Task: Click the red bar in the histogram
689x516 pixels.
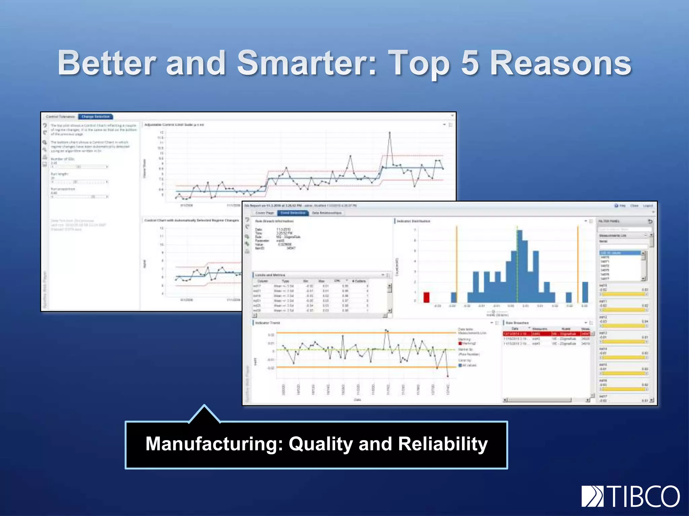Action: (x=426, y=297)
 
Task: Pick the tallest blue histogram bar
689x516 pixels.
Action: (x=520, y=265)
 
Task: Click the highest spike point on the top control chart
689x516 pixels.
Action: (x=390, y=133)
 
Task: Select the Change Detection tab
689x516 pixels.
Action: (x=96, y=117)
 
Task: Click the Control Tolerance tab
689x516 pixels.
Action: (x=60, y=117)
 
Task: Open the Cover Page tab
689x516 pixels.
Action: (x=265, y=213)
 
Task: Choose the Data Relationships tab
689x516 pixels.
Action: (x=326, y=213)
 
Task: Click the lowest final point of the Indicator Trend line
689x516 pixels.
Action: (x=448, y=376)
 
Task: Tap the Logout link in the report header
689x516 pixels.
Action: (x=648, y=206)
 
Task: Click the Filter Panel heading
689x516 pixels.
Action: (x=609, y=221)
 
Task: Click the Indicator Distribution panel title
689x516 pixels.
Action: (x=413, y=221)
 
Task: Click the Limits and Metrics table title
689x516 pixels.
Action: (x=270, y=275)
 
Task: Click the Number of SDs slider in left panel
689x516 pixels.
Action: (x=79, y=167)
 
